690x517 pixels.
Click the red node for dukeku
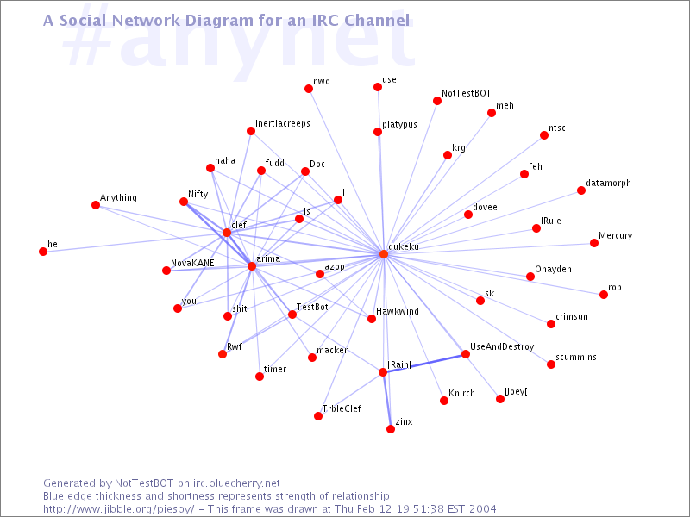point(384,254)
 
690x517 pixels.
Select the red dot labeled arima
point(252,266)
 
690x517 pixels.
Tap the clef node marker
point(227,233)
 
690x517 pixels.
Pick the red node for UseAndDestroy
point(466,354)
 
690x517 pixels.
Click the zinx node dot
point(391,429)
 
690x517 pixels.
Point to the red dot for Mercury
point(594,243)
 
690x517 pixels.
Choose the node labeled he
point(43,252)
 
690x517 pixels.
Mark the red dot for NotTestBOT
point(437,101)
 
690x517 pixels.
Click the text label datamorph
point(608,184)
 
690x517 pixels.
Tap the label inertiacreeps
point(282,124)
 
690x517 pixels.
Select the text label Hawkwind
point(397,311)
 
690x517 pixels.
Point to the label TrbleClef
point(342,408)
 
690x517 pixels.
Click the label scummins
point(576,357)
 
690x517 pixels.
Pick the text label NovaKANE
point(192,263)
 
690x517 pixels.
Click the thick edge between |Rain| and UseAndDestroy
point(424,363)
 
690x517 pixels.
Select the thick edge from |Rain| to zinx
point(386,401)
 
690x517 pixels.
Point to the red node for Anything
point(96,205)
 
